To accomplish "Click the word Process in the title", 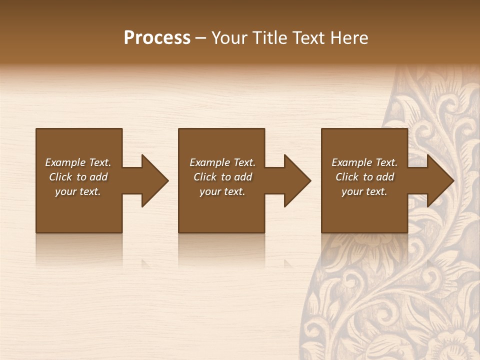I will tap(157, 37).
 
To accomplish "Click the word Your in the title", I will tap(229, 37).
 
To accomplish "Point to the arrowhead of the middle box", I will tap(297, 180).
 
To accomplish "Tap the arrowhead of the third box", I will tap(440, 180).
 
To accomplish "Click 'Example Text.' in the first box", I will tap(78, 162).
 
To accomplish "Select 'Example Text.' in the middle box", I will tap(222, 162).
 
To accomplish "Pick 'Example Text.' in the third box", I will tap(364, 162).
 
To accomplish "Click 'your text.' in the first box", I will tap(78, 191).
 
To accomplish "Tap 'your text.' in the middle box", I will tap(222, 191).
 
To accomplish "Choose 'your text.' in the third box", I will tap(364, 191).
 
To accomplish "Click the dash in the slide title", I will tap(200, 38).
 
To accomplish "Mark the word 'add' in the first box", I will tap(98, 177).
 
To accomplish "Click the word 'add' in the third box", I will tap(385, 177).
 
